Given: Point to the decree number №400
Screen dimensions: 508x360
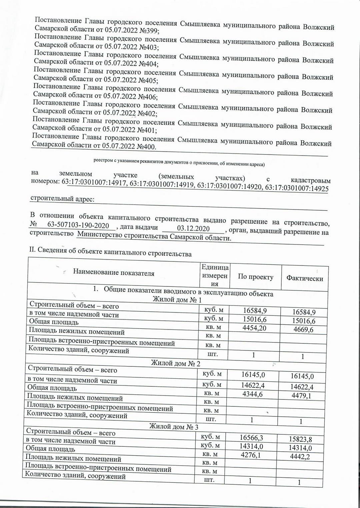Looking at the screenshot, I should click(147, 146).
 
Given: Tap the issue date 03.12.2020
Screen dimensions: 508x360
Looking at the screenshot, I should click(193, 228).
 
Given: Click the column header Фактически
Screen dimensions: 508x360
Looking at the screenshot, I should click(305, 278).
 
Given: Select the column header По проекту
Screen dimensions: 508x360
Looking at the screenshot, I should click(255, 277).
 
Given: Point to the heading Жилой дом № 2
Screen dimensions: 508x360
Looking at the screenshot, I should click(176, 363).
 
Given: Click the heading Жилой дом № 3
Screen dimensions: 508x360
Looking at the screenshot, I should click(174, 427).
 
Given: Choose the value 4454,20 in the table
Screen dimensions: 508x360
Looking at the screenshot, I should click(255, 328).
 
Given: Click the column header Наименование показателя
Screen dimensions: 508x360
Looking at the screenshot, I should click(114, 273).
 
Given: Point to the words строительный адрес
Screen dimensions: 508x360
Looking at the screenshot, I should click(62, 199).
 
